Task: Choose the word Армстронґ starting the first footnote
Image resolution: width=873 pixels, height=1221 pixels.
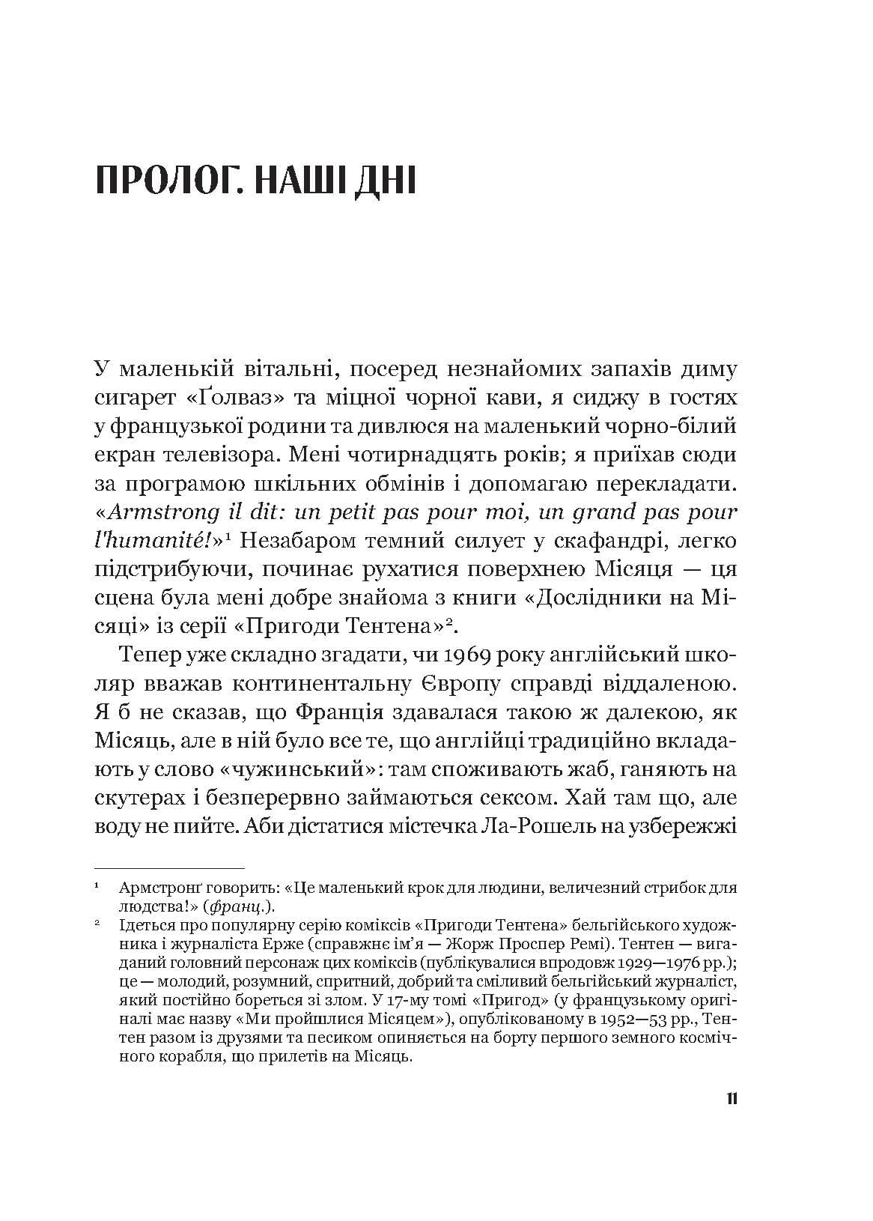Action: click(155, 889)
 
